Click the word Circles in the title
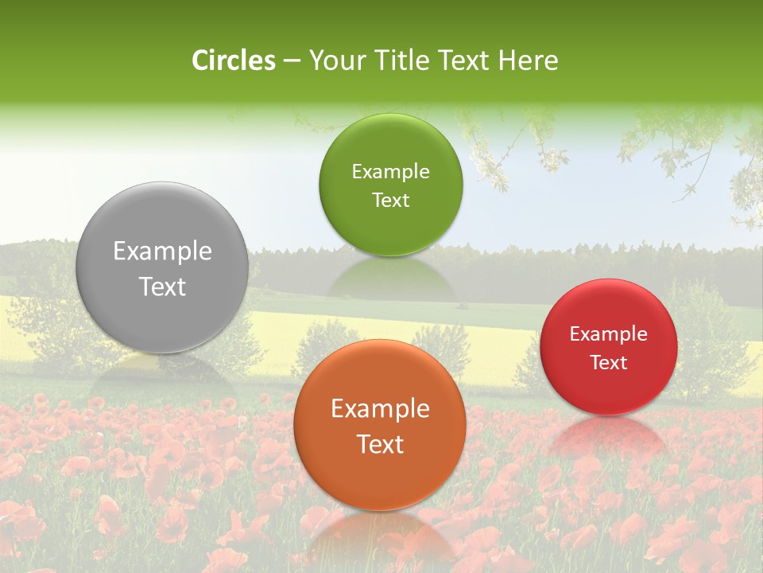[x=234, y=60]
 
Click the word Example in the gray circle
[x=162, y=251]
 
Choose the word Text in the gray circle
[x=162, y=286]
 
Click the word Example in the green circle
[x=390, y=172]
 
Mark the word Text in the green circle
[x=390, y=200]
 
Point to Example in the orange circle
[x=380, y=409]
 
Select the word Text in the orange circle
[x=380, y=444]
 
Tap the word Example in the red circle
[x=609, y=334]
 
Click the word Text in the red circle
[x=609, y=363]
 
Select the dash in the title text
[x=291, y=61]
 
